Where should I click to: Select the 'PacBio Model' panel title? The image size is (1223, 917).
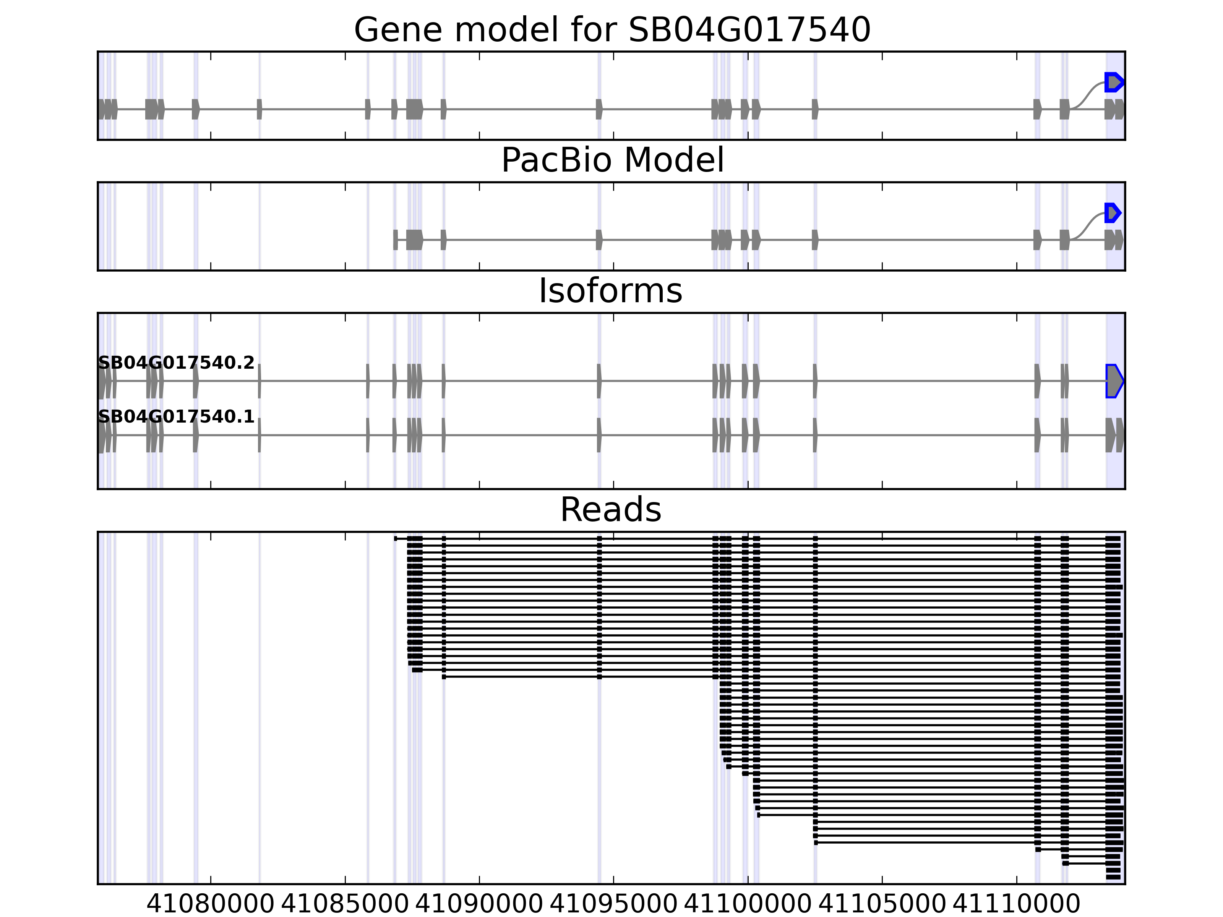click(x=611, y=160)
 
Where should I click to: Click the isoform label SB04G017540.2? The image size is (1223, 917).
click(x=176, y=363)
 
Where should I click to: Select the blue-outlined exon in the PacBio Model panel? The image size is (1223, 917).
click(x=1112, y=213)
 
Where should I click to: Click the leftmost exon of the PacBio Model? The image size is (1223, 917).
click(x=395, y=240)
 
